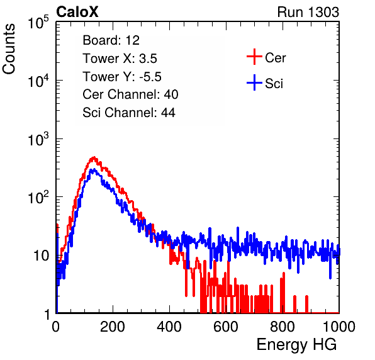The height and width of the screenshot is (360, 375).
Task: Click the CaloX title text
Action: pos(77,12)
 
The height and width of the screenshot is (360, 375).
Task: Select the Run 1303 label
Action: pos(308,12)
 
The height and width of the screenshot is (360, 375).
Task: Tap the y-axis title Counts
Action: pos(9,49)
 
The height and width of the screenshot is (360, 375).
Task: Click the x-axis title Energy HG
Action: pos(296,345)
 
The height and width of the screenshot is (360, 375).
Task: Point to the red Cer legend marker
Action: pos(254,57)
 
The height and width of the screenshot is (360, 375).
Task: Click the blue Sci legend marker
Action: pos(254,83)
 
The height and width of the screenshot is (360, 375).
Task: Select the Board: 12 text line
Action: pos(111,40)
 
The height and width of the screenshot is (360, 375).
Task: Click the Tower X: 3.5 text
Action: pos(120,59)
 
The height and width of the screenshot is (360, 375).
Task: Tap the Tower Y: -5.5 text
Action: pos(122,77)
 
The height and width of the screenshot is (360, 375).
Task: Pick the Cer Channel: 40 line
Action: pos(130,94)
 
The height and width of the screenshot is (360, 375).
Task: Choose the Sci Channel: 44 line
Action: pos(129,113)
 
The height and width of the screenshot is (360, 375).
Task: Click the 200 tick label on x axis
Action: pos(113,327)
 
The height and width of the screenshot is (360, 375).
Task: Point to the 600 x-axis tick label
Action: pos(226,327)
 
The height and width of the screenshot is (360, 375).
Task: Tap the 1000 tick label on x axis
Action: pos(339,327)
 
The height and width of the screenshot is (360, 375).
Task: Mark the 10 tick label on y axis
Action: pos(42,256)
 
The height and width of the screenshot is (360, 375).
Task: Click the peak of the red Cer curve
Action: pos(94,157)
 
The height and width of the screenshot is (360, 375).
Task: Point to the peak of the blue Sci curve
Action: pos(94,169)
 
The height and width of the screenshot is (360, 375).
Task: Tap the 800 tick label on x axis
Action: pos(283,327)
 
